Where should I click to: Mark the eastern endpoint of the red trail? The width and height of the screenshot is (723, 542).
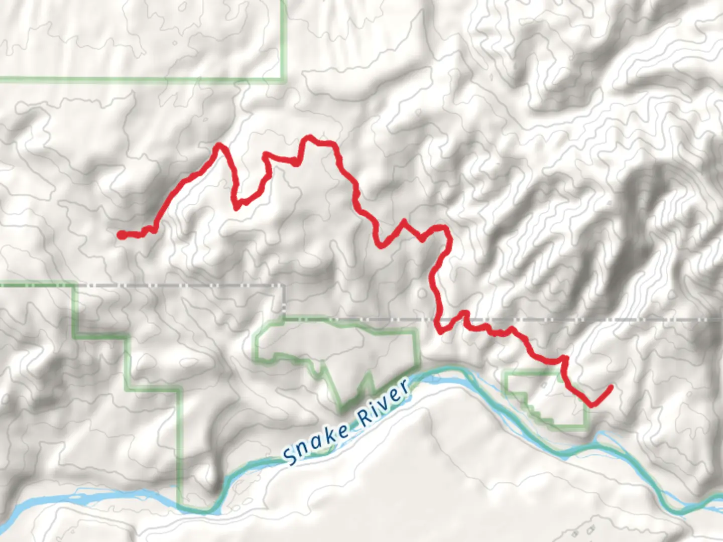pos(611,387)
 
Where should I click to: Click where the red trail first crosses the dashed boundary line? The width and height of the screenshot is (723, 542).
pos(438,319)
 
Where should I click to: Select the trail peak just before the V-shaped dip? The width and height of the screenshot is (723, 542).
pos(219,146)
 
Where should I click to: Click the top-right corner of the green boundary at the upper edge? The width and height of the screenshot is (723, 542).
pos(284,79)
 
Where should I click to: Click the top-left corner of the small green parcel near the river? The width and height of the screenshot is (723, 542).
pos(506,373)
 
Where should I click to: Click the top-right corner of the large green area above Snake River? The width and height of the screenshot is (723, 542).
pos(416,331)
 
